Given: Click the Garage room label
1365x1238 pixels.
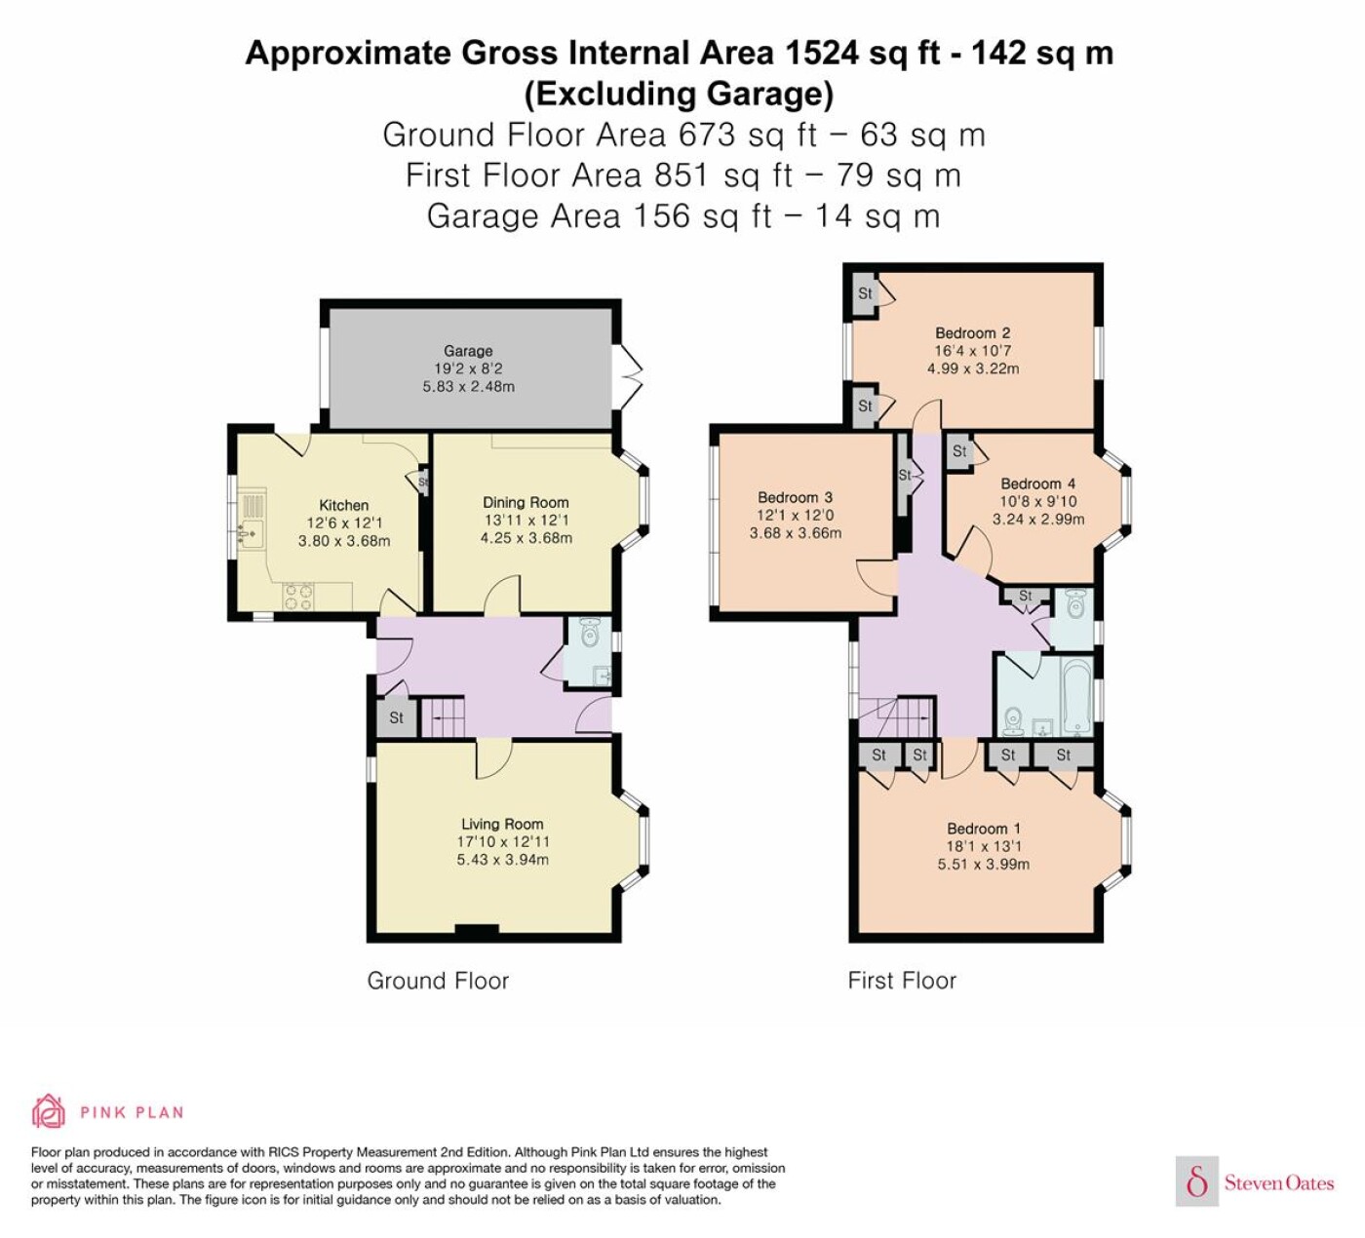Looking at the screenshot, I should pyautogui.click(x=468, y=351).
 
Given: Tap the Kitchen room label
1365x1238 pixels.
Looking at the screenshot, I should pyautogui.click(x=344, y=505).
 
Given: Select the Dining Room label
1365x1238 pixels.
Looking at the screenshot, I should pyautogui.click(x=526, y=503).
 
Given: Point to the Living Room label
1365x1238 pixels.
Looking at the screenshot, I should pyautogui.click(x=502, y=824).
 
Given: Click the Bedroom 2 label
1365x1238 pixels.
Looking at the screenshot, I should pyautogui.click(x=972, y=333).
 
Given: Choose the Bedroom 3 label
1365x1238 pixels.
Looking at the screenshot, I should pyautogui.click(x=795, y=497).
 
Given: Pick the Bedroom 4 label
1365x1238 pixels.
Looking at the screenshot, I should pyautogui.click(x=1037, y=484).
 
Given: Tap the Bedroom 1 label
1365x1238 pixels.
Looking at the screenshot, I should pyautogui.click(x=983, y=829).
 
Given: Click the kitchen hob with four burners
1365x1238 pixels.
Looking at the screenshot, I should pyautogui.click(x=298, y=596).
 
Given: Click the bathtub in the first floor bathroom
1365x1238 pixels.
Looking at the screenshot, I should pyautogui.click(x=1075, y=698).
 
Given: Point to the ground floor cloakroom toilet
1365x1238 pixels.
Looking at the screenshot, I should pyautogui.click(x=588, y=635).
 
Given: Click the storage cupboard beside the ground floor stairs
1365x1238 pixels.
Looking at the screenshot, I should pyautogui.click(x=396, y=718).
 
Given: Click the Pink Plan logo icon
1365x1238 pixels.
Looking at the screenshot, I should pyautogui.click(x=49, y=1111).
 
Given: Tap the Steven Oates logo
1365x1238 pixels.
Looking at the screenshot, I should pyautogui.click(x=1255, y=1182).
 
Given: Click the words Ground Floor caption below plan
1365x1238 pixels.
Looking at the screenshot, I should pyautogui.click(x=438, y=981).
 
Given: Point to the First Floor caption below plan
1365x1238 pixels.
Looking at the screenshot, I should pyautogui.click(x=902, y=981).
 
